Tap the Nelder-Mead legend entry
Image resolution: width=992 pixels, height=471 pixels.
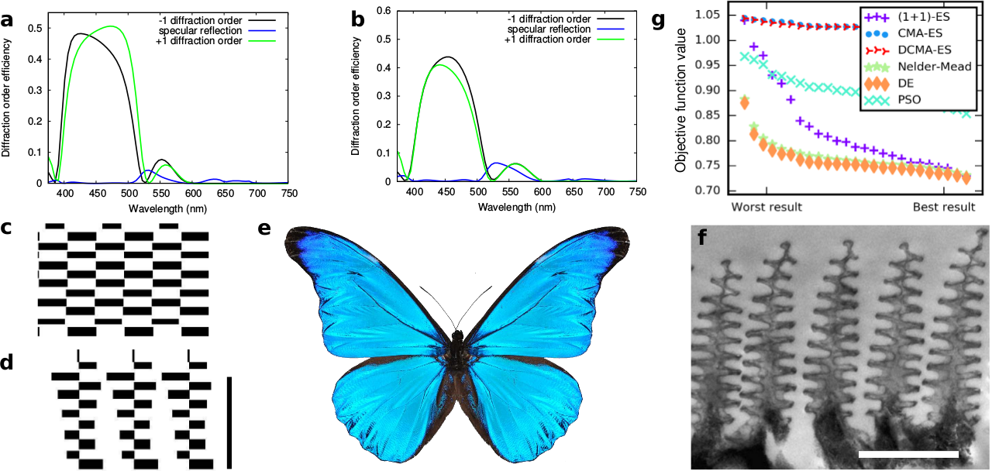[x=927, y=67]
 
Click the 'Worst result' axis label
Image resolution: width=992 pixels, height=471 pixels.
[x=766, y=208]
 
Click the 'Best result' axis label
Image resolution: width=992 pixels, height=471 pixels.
[x=943, y=208]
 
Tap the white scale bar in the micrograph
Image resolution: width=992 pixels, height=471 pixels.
[x=908, y=452]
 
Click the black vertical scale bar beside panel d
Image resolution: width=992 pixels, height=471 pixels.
[x=229, y=422]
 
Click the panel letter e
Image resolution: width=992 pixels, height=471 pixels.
[x=265, y=229]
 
